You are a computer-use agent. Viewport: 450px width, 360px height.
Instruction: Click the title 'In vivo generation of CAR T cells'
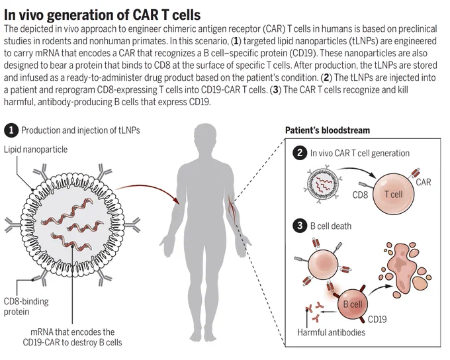pos(102,15)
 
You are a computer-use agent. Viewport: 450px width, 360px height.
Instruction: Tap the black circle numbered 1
pos(11,130)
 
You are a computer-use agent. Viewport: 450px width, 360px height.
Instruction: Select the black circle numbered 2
pos(300,153)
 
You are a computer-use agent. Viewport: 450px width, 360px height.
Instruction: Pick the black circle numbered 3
pos(300,226)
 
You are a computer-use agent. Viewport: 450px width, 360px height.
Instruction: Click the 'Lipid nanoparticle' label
pos(36,150)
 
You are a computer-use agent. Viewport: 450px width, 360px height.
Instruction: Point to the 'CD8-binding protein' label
pos(26,306)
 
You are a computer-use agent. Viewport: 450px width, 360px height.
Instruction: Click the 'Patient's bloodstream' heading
pos(328,130)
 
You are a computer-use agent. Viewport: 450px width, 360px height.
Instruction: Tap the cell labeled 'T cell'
pos(394,194)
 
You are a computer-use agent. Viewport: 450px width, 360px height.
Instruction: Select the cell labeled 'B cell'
pos(353,304)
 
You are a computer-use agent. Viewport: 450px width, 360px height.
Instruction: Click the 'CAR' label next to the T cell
pos(424,182)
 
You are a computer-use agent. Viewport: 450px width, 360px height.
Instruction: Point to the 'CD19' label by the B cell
pos(377,319)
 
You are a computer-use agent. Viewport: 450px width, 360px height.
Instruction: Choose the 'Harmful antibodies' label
pos(331,332)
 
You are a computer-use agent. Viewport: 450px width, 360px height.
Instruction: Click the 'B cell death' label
pos(331,226)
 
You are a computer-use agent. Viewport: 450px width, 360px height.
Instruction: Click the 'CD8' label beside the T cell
pos(360,195)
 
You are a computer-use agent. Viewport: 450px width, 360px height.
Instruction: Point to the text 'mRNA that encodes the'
pos(72,332)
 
